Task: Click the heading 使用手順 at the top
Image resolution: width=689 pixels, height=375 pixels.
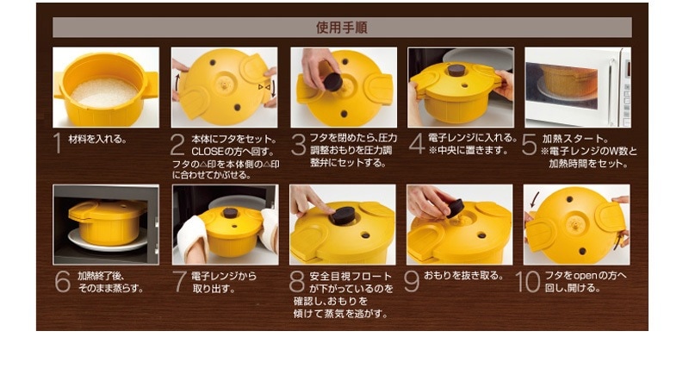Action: click(x=341, y=28)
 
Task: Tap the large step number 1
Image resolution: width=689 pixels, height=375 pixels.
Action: click(x=57, y=143)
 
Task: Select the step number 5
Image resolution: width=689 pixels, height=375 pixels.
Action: click(x=529, y=144)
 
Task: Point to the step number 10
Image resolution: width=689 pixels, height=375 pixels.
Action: click(x=527, y=282)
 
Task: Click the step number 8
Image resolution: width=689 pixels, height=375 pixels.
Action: click(x=297, y=282)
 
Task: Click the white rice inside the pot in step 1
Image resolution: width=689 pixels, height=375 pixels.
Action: click(x=104, y=93)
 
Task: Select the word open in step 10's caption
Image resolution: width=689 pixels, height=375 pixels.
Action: click(x=585, y=276)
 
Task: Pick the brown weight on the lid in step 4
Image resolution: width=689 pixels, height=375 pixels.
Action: click(x=456, y=70)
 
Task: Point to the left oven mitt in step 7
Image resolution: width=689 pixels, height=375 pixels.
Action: click(x=192, y=237)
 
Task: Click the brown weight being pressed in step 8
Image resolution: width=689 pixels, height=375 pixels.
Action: click(x=342, y=216)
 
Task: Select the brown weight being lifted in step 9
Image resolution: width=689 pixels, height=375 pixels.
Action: click(x=456, y=208)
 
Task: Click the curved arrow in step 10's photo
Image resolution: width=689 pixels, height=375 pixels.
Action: click(x=535, y=199)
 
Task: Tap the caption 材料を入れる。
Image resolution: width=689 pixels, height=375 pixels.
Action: click(x=97, y=140)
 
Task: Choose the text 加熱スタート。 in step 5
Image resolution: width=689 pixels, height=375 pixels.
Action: click(x=575, y=139)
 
